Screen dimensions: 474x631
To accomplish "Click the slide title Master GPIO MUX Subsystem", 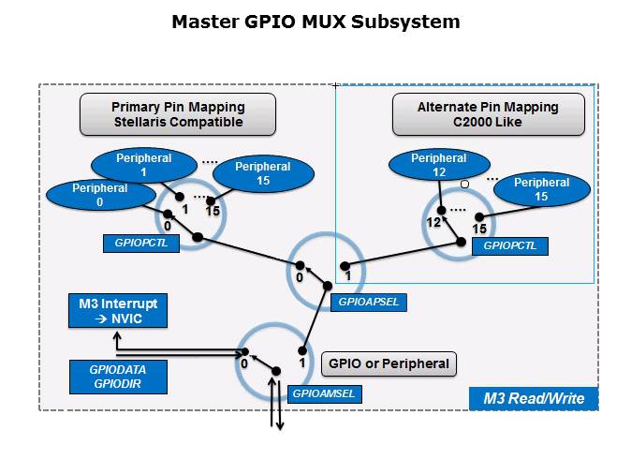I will pyautogui.click(x=315, y=22).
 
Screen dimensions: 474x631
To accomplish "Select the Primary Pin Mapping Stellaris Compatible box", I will pyautogui.click(x=177, y=115).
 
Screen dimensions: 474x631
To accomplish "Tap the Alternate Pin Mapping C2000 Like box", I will pyautogui.click(x=488, y=115).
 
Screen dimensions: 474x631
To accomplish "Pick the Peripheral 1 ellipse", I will pyautogui.click(x=144, y=166).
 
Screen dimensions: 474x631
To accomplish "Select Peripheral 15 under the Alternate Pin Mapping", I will pyautogui.click(x=540, y=190).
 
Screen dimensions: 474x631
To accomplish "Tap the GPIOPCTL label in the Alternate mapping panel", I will pyautogui.click(x=510, y=246).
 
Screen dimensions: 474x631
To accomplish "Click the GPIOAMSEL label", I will pyautogui.click(x=324, y=393).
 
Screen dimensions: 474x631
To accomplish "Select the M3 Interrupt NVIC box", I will pyautogui.click(x=118, y=311).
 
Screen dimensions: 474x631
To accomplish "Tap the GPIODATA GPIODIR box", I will pyautogui.click(x=118, y=377).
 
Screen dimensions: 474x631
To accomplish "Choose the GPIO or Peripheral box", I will pyautogui.click(x=389, y=363).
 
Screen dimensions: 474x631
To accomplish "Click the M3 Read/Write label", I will pyautogui.click(x=533, y=398).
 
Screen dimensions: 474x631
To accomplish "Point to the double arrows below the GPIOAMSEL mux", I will pyautogui.click(x=276, y=413).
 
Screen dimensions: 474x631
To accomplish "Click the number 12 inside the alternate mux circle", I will pyautogui.click(x=433, y=222).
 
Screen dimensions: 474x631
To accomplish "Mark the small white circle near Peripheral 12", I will pyautogui.click(x=463, y=185).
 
